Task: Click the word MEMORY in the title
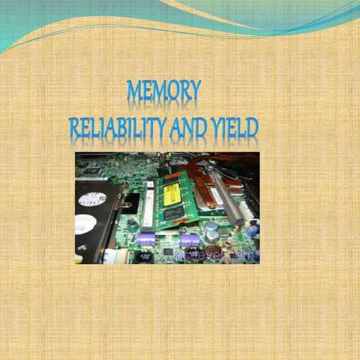click(x=163, y=91)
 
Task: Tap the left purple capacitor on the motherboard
click(x=145, y=238)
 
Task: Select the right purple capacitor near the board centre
click(x=189, y=240)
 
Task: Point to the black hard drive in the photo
click(x=93, y=217)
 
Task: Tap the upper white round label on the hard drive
click(x=91, y=199)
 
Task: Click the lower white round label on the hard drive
click(x=85, y=223)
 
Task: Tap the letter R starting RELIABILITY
click(x=74, y=128)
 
